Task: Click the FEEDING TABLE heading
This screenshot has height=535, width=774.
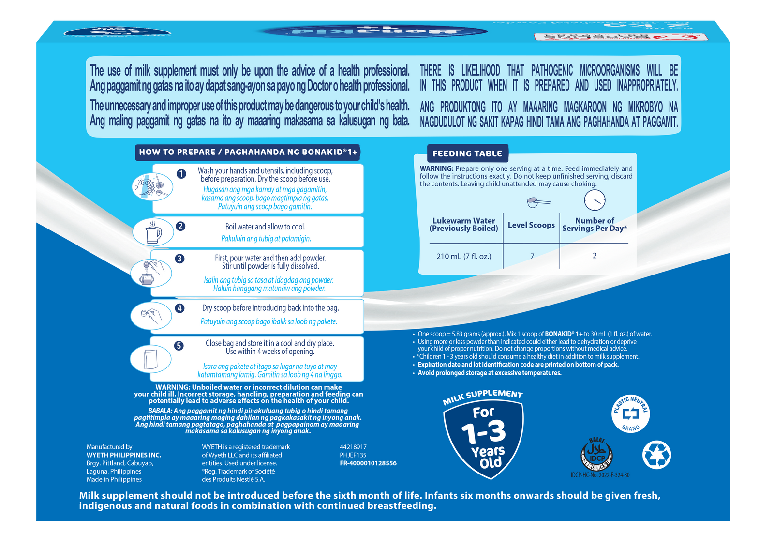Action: pos(467,153)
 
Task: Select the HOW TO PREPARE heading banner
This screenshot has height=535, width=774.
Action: pos(248,152)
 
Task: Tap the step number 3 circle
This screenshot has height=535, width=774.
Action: pos(179,259)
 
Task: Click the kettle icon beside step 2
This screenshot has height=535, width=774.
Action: pos(153,232)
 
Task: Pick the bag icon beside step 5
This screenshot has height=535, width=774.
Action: pos(150,359)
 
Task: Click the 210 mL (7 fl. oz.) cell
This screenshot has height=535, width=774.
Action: pos(463,256)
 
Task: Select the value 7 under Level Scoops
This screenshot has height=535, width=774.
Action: pos(532,256)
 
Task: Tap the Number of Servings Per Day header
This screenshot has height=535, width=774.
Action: pos(595,224)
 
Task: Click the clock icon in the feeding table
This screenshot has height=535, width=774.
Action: pos(595,199)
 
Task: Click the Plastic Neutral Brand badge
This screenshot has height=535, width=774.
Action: pos(630,413)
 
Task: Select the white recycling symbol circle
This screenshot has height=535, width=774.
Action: pos(656,455)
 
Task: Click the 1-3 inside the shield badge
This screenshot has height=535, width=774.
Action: pos(483,432)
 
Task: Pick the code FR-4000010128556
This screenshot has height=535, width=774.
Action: pos(368,463)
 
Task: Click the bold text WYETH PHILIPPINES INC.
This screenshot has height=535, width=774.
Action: pos(124,455)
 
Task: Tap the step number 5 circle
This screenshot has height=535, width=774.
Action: pos(179,345)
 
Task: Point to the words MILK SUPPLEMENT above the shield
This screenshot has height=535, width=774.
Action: pos(483,397)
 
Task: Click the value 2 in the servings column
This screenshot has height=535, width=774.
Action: pos(595,256)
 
